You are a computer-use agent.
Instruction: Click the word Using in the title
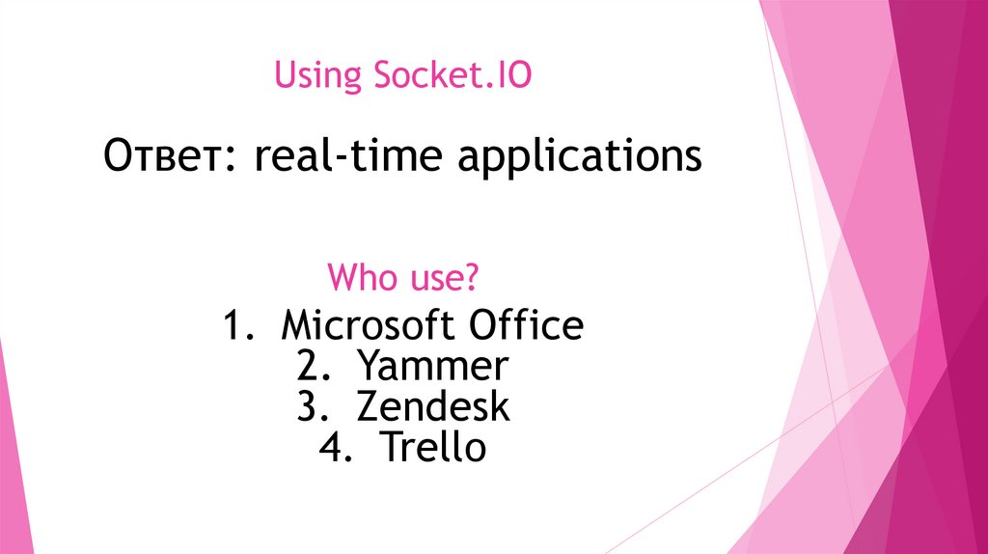(313, 75)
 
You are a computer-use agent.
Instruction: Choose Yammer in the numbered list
(431, 367)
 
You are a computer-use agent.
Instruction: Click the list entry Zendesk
(432, 407)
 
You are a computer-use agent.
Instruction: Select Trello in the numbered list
(432, 448)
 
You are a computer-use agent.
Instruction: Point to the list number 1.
(234, 326)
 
